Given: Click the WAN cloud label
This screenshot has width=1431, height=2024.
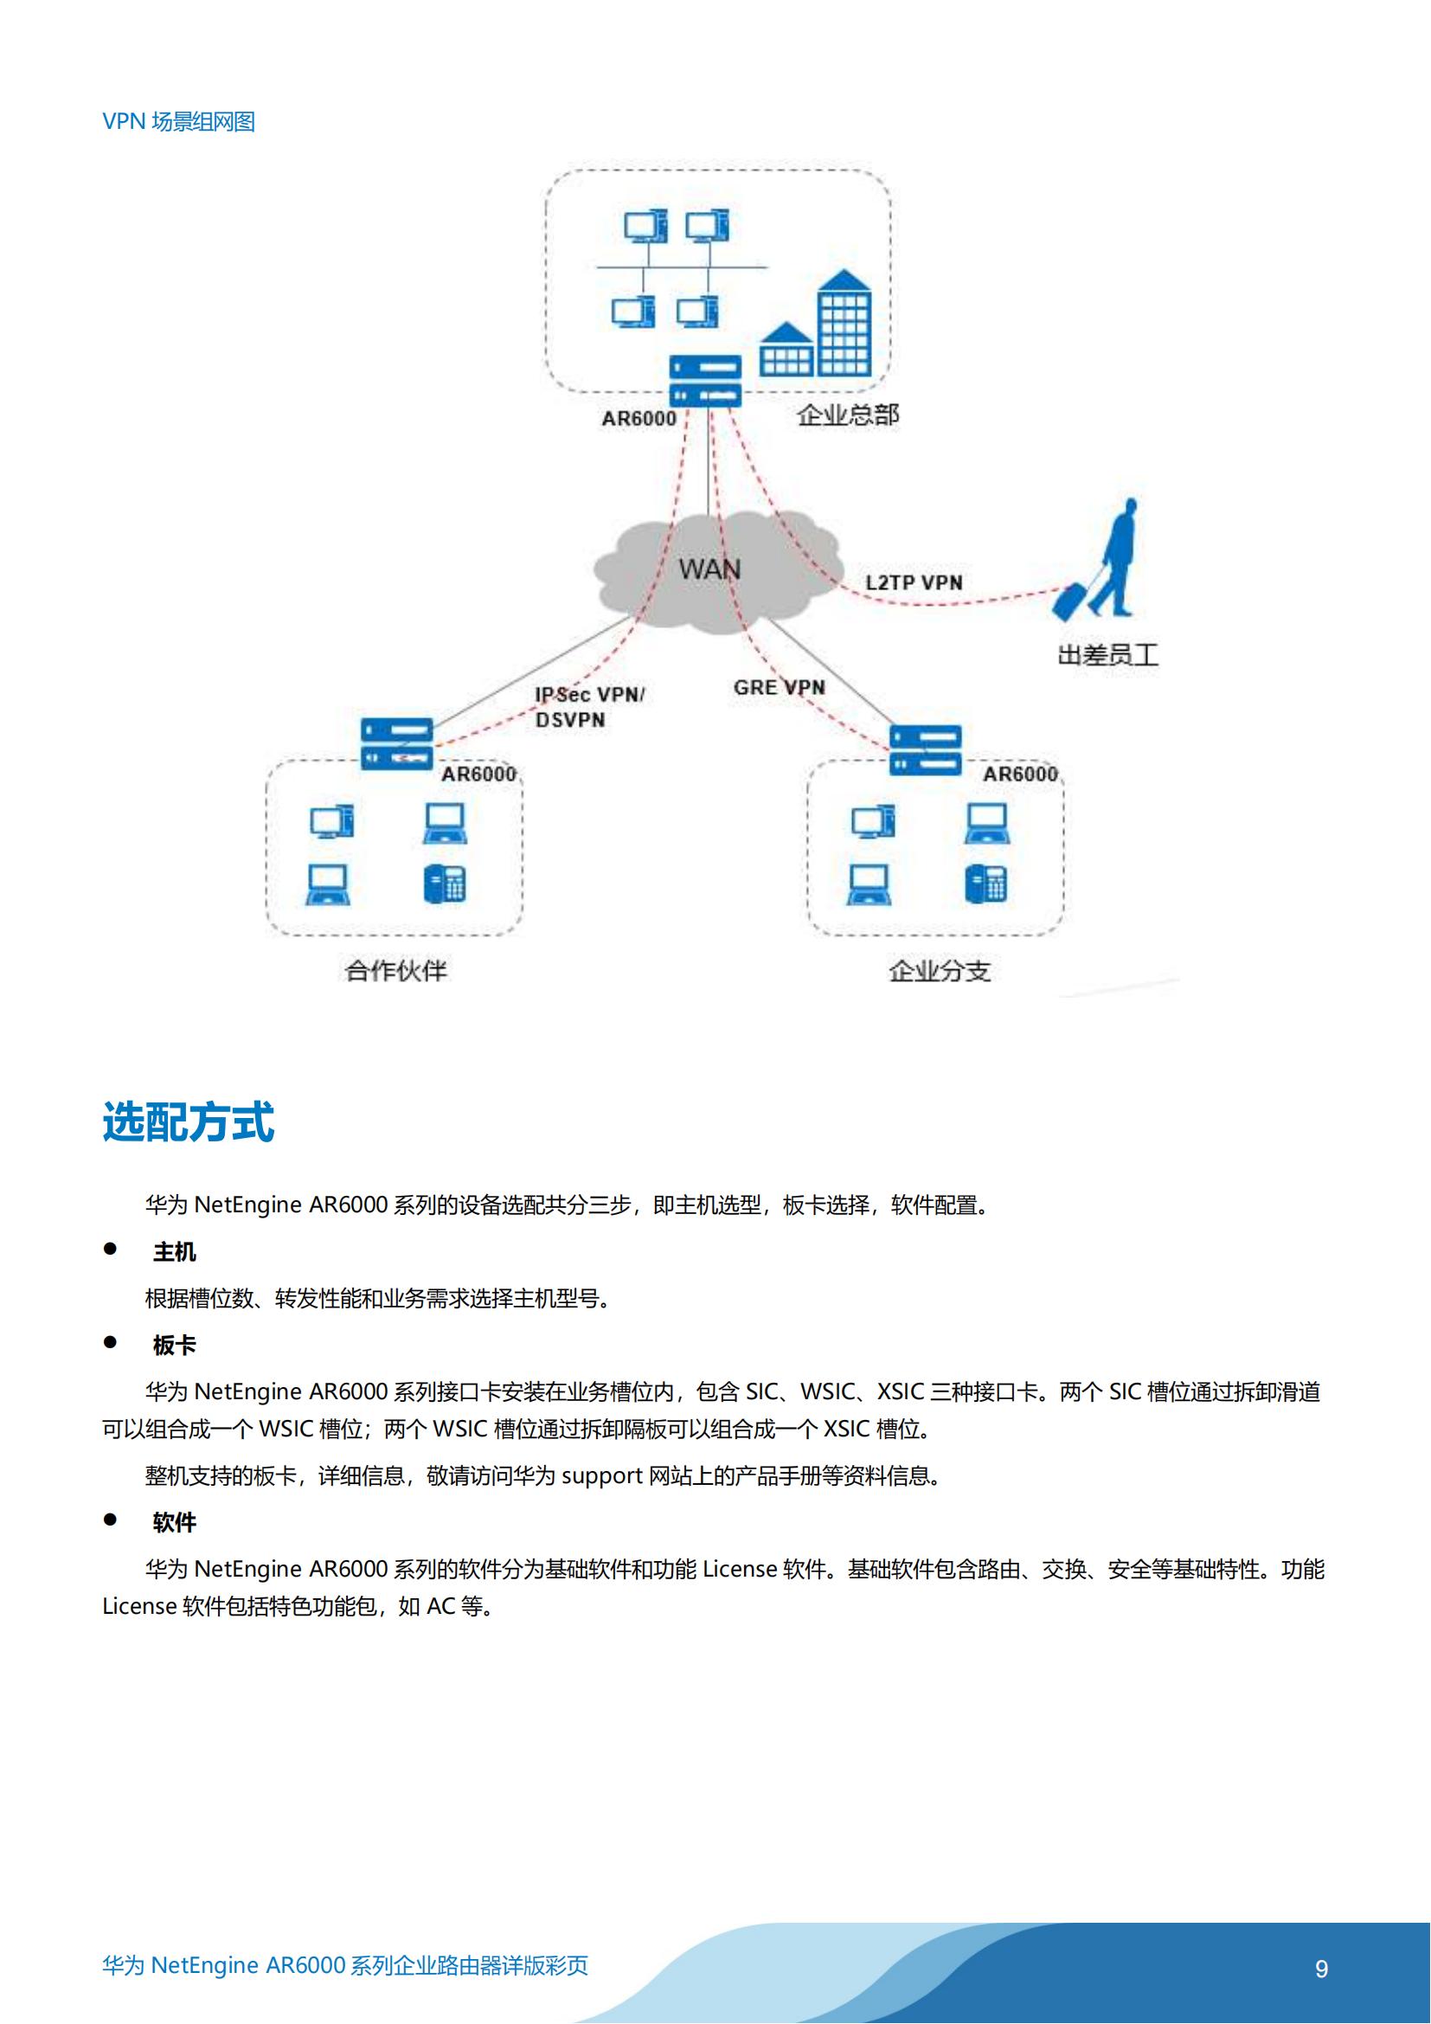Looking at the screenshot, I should tap(709, 569).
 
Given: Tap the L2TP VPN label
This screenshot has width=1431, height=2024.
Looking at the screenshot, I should tap(913, 582).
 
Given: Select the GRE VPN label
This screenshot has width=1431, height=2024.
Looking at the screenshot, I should tap(779, 688).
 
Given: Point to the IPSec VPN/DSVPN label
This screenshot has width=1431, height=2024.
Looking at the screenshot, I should tap(589, 707).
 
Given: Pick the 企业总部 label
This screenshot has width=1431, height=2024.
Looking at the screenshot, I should tap(848, 415).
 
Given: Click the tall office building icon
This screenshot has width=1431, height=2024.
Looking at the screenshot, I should tap(844, 324).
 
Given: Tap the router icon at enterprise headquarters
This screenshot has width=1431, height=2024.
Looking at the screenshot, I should tap(705, 381).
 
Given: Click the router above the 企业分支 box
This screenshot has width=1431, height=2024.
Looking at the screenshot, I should tap(925, 750).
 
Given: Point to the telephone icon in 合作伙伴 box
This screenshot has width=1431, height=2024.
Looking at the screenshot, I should tap(445, 884).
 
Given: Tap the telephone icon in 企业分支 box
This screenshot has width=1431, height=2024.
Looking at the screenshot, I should tap(986, 884).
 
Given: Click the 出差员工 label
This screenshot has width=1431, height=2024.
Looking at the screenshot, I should tap(1107, 655).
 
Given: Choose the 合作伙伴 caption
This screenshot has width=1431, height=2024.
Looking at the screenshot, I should tap(395, 971).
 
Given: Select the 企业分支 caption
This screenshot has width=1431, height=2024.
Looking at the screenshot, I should tap(940, 971).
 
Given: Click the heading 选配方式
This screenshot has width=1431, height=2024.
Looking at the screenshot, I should tap(189, 1122).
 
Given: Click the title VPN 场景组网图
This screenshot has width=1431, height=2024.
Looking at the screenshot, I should tap(179, 122).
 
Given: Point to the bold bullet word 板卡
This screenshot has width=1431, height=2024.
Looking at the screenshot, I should tap(175, 1346).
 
